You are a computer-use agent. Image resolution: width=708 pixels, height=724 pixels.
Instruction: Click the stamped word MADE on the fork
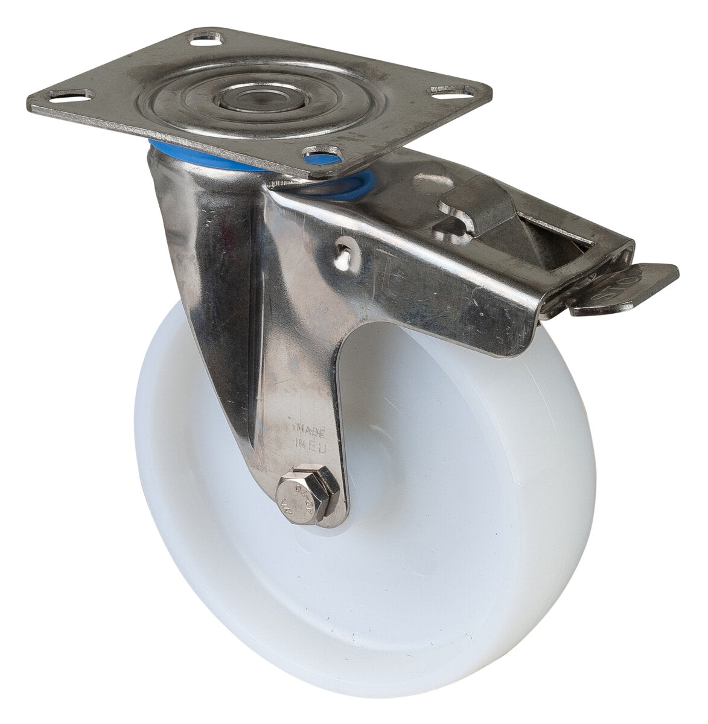click(x=310, y=431)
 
